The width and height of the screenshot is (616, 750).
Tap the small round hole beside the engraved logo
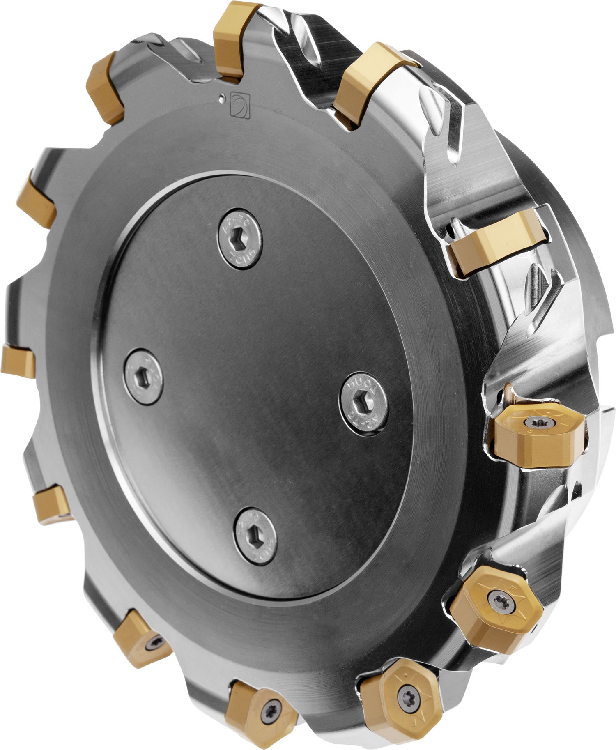[x=221, y=97]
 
